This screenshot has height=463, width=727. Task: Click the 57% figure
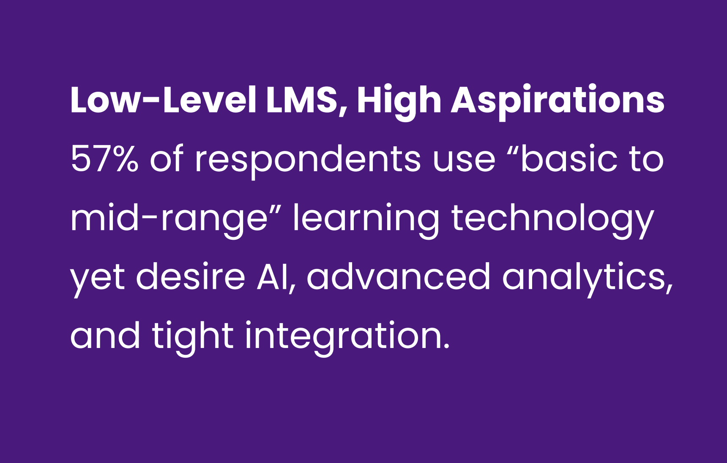pyautogui.click(x=104, y=159)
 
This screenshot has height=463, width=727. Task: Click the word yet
pyautogui.click(x=98, y=280)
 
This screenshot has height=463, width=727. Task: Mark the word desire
pyautogui.click(x=191, y=277)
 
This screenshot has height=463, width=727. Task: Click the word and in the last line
pyautogui.click(x=105, y=336)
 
